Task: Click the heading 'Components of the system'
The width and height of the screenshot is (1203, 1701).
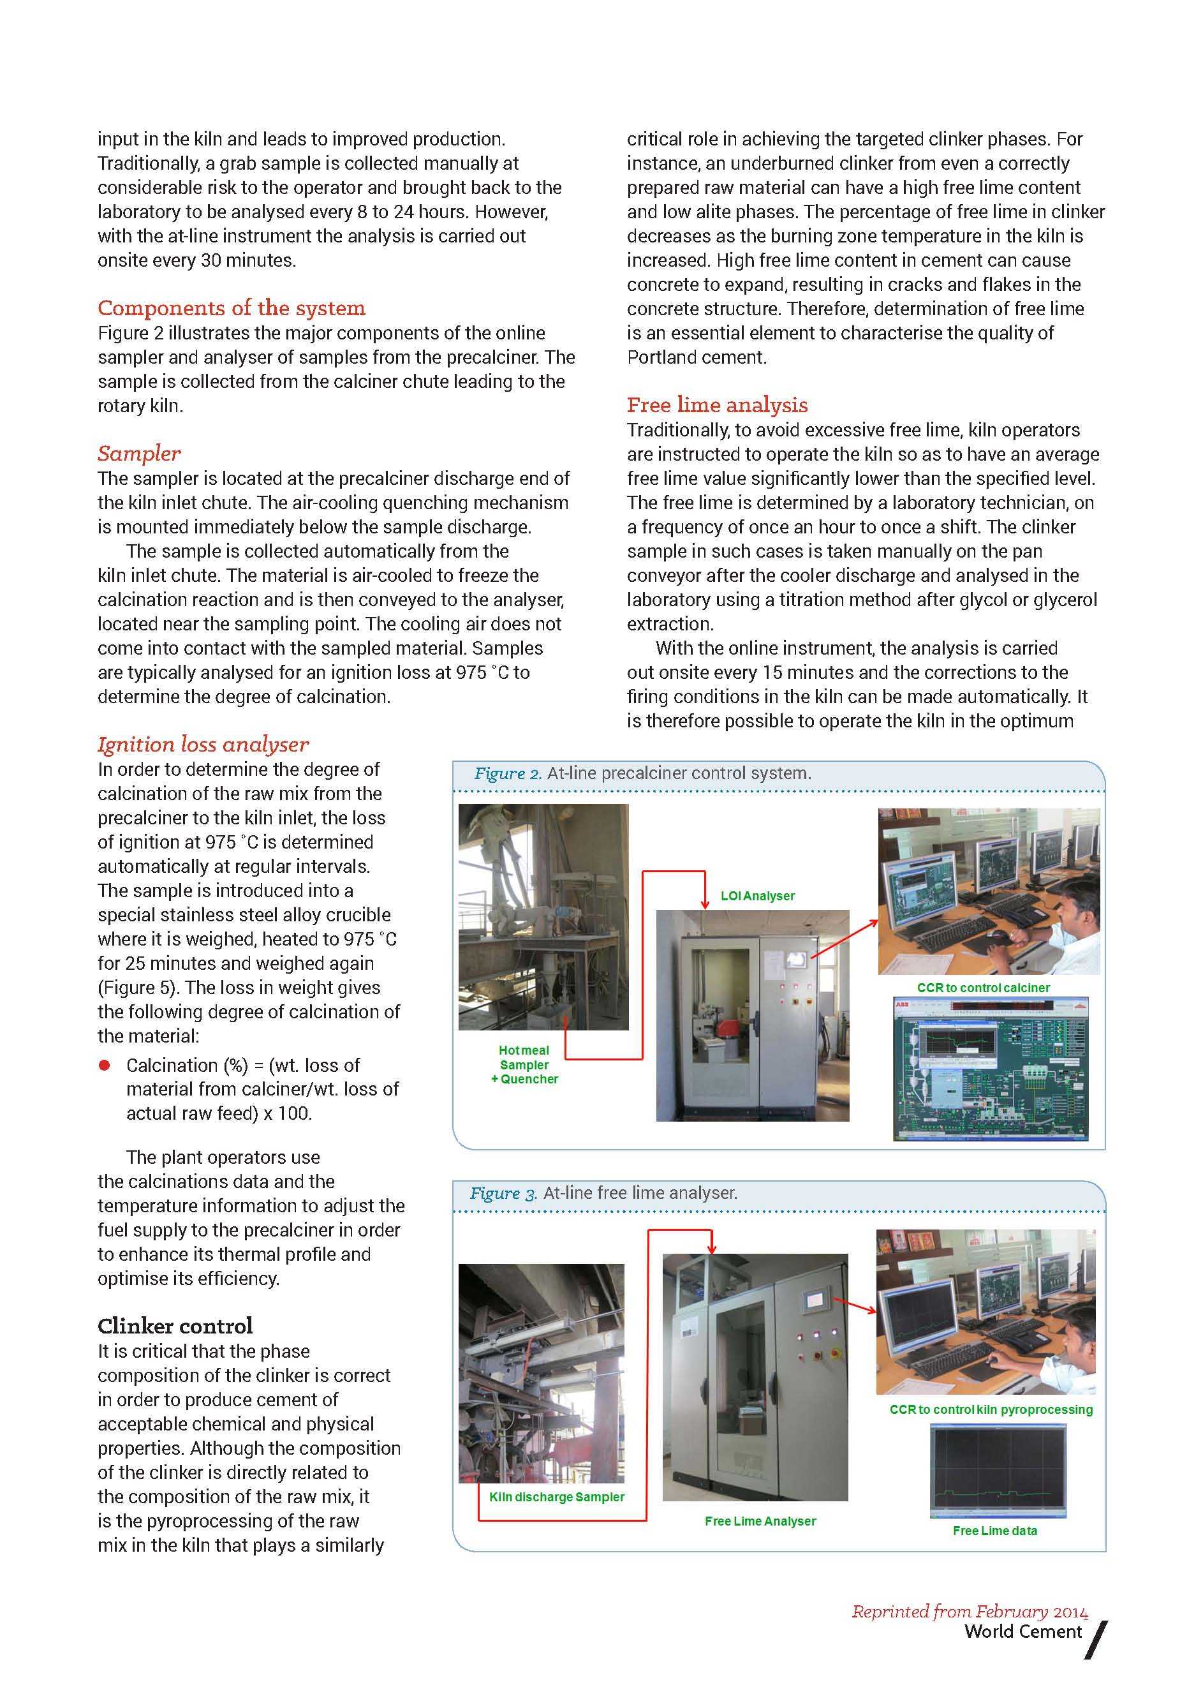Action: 231,308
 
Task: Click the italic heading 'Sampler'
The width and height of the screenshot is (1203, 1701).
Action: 139,454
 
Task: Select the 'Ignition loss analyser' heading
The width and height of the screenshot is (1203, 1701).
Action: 203,744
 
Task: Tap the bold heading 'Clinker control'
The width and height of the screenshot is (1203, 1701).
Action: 175,1325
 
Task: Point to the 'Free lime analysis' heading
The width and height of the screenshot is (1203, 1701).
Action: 716,405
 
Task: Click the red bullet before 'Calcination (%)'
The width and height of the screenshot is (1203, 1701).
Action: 105,1066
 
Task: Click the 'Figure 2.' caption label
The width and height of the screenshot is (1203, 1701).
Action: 508,773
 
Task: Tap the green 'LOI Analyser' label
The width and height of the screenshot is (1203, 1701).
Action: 757,896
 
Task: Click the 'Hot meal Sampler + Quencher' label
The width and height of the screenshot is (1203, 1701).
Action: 524,1065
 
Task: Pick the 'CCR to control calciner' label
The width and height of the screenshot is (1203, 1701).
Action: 983,988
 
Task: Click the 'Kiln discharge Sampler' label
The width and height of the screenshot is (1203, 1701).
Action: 556,1497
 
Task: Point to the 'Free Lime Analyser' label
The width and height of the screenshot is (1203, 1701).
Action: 760,1521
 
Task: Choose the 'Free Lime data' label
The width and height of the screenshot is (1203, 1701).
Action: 994,1531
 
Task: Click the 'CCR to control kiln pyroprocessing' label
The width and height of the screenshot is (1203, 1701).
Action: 991,1409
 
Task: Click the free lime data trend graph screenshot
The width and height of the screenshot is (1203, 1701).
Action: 997,1471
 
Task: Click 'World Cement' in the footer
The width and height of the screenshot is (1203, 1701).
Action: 1022,1631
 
